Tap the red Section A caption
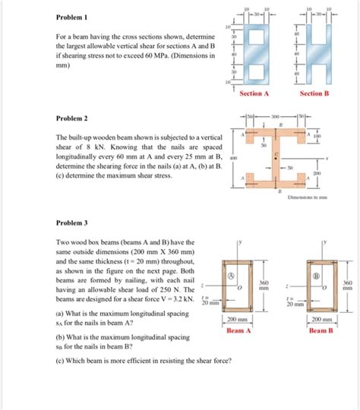point(254,93)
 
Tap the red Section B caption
point(314,93)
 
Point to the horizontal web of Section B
point(314,56)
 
